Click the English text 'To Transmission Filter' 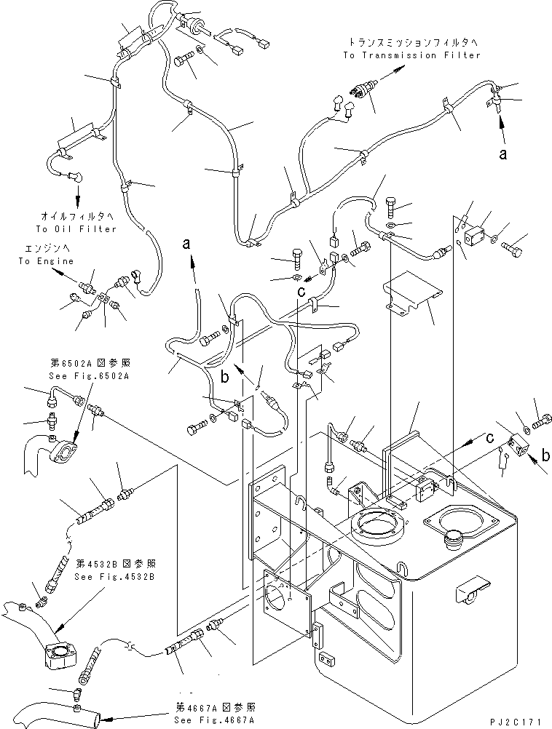point(412,55)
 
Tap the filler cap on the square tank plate point(453,539)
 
